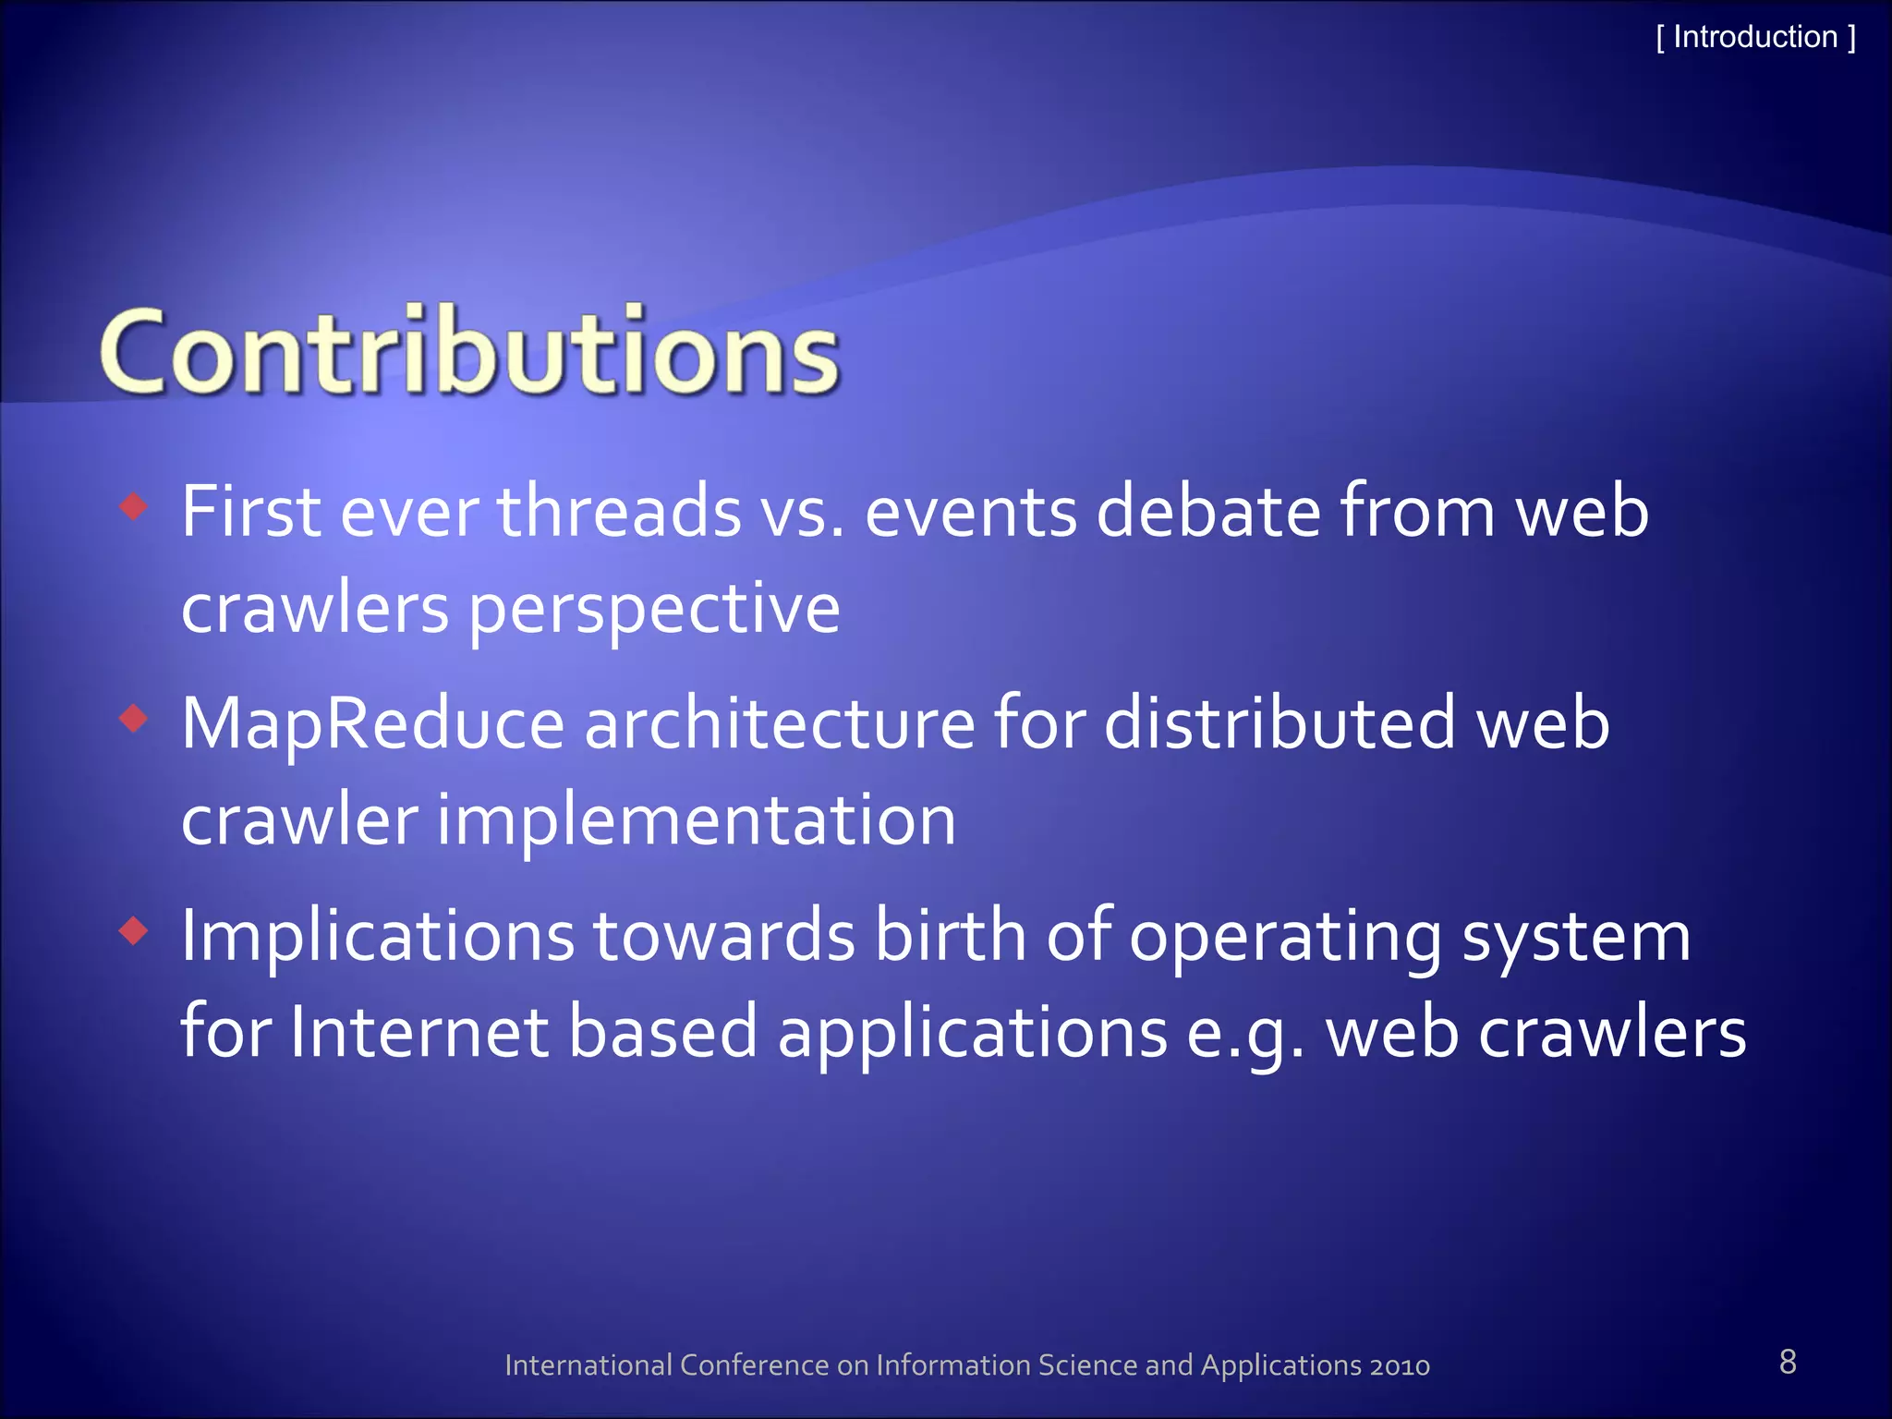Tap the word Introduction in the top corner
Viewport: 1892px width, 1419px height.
(1755, 37)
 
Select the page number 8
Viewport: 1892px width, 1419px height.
(1788, 1362)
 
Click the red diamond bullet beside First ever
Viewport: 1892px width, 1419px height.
(134, 505)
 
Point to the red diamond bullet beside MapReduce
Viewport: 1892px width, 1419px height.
(134, 718)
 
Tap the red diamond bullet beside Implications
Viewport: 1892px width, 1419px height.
(134, 930)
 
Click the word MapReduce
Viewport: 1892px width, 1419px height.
(372, 724)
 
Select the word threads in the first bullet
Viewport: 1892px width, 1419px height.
(619, 511)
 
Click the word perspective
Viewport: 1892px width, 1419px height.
(654, 610)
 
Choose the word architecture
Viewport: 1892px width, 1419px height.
(779, 724)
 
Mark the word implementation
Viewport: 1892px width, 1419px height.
(695, 820)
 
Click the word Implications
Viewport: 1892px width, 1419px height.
(377, 937)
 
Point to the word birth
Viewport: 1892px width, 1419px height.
(950, 937)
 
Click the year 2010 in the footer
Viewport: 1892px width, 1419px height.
(1400, 1365)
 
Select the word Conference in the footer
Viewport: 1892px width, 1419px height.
(754, 1365)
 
